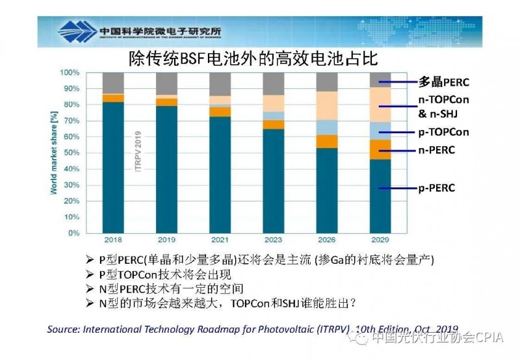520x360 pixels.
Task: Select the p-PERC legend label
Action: pyautogui.click(x=436, y=188)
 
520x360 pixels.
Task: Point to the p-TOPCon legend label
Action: pyautogui.click(x=443, y=132)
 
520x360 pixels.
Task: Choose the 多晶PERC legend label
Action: pyautogui.click(x=443, y=83)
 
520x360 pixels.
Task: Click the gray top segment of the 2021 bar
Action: pyautogui.click(x=220, y=84)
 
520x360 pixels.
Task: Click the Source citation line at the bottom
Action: pyautogui.click(x=252, y=329)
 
